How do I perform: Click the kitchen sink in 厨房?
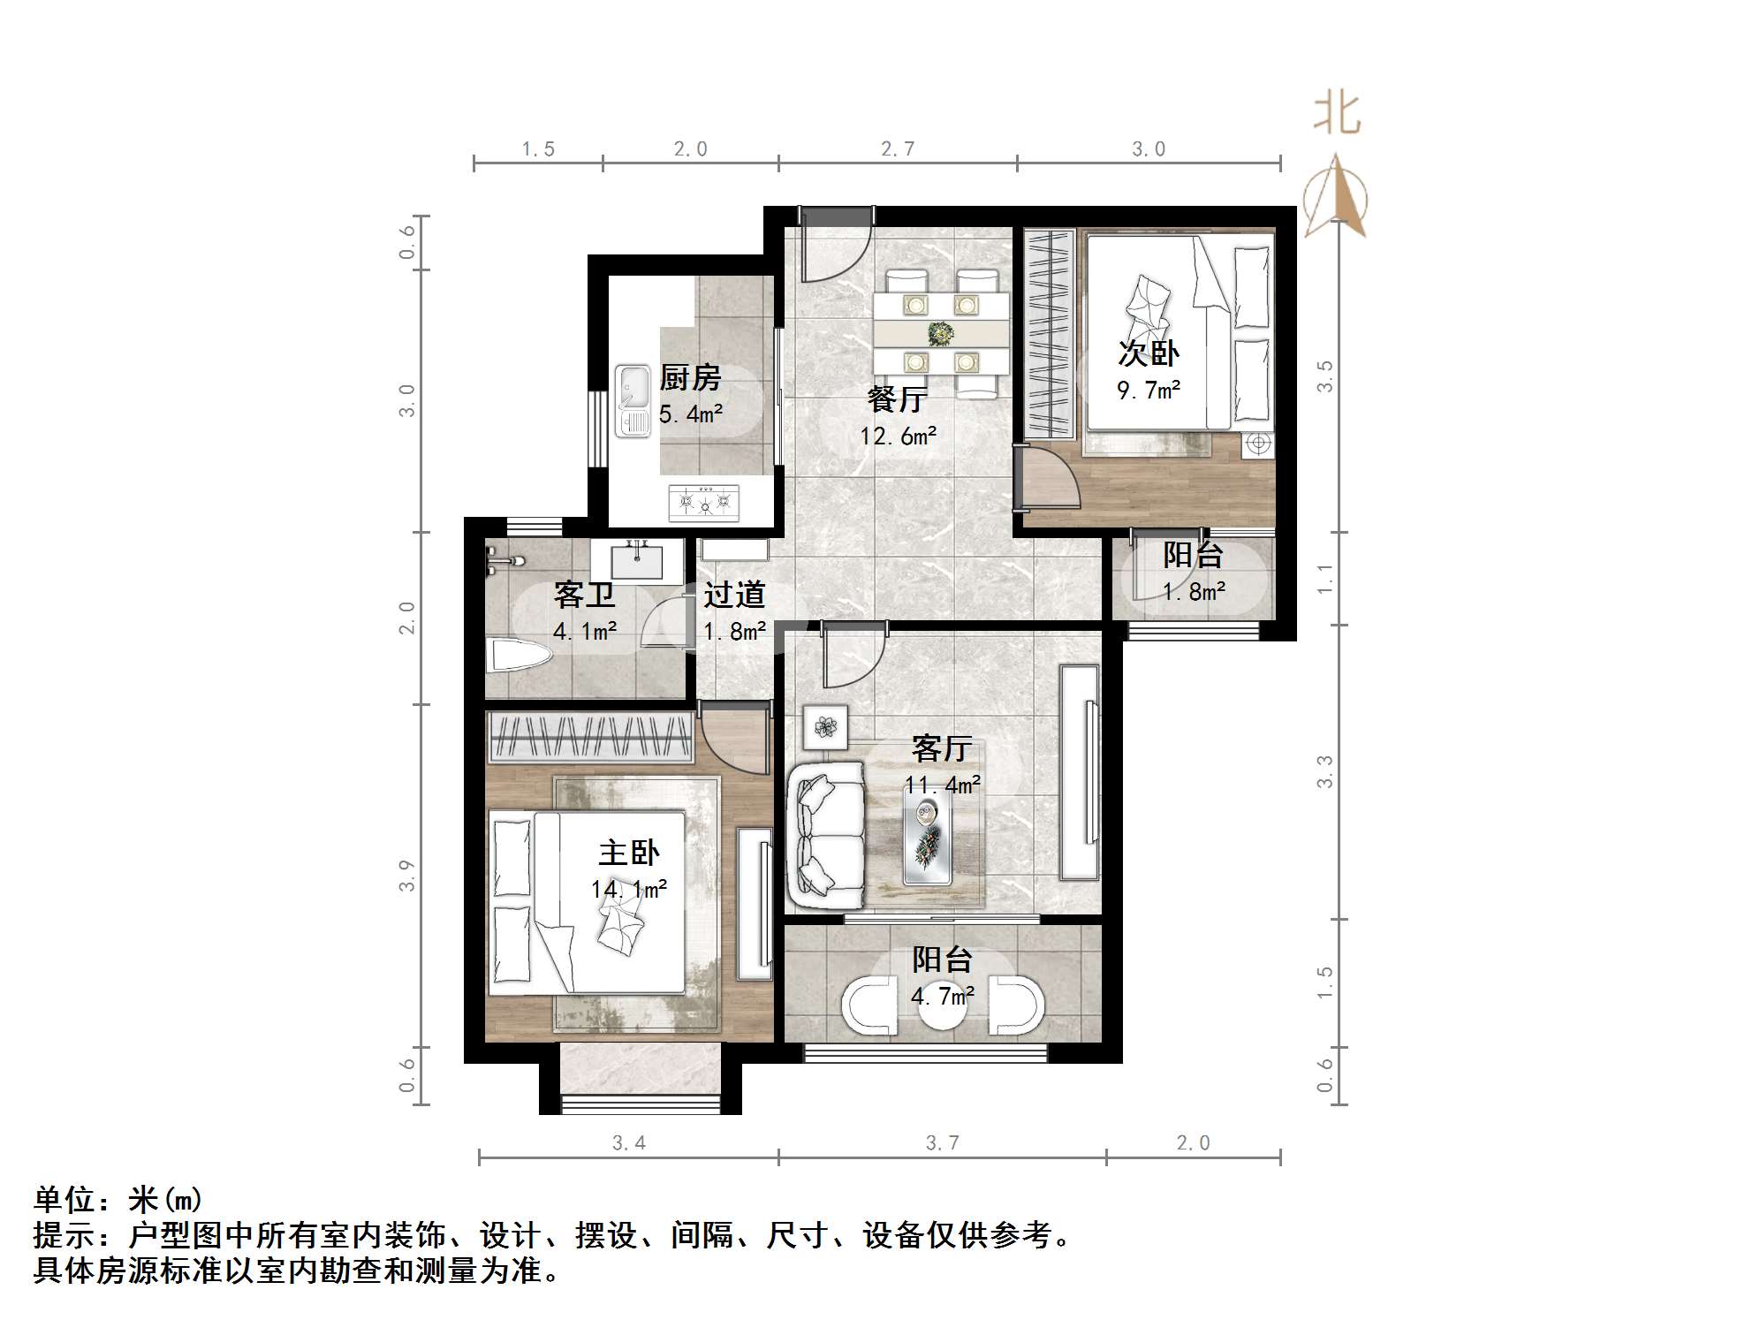tap(633, 402)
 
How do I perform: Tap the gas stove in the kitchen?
tap(704, 502)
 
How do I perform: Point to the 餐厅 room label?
tap(896, 399)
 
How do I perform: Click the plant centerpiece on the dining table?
tap(940, 333)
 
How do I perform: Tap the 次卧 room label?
tap(1148, 353)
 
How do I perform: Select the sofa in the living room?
tap(825, 835)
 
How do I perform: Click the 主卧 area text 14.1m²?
tap(628, 890)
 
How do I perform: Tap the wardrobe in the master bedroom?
tap(590, 736)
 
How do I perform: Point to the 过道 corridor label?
tap(733, 595)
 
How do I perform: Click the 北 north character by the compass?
tap(1336, 115)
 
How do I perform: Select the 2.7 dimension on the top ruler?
tap(897, 148)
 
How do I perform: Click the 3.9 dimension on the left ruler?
tap(406, 875)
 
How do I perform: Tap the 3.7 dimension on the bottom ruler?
tap(942, 1142)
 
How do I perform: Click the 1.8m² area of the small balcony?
tap(1193, 592)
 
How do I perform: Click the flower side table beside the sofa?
tap(825, 726)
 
